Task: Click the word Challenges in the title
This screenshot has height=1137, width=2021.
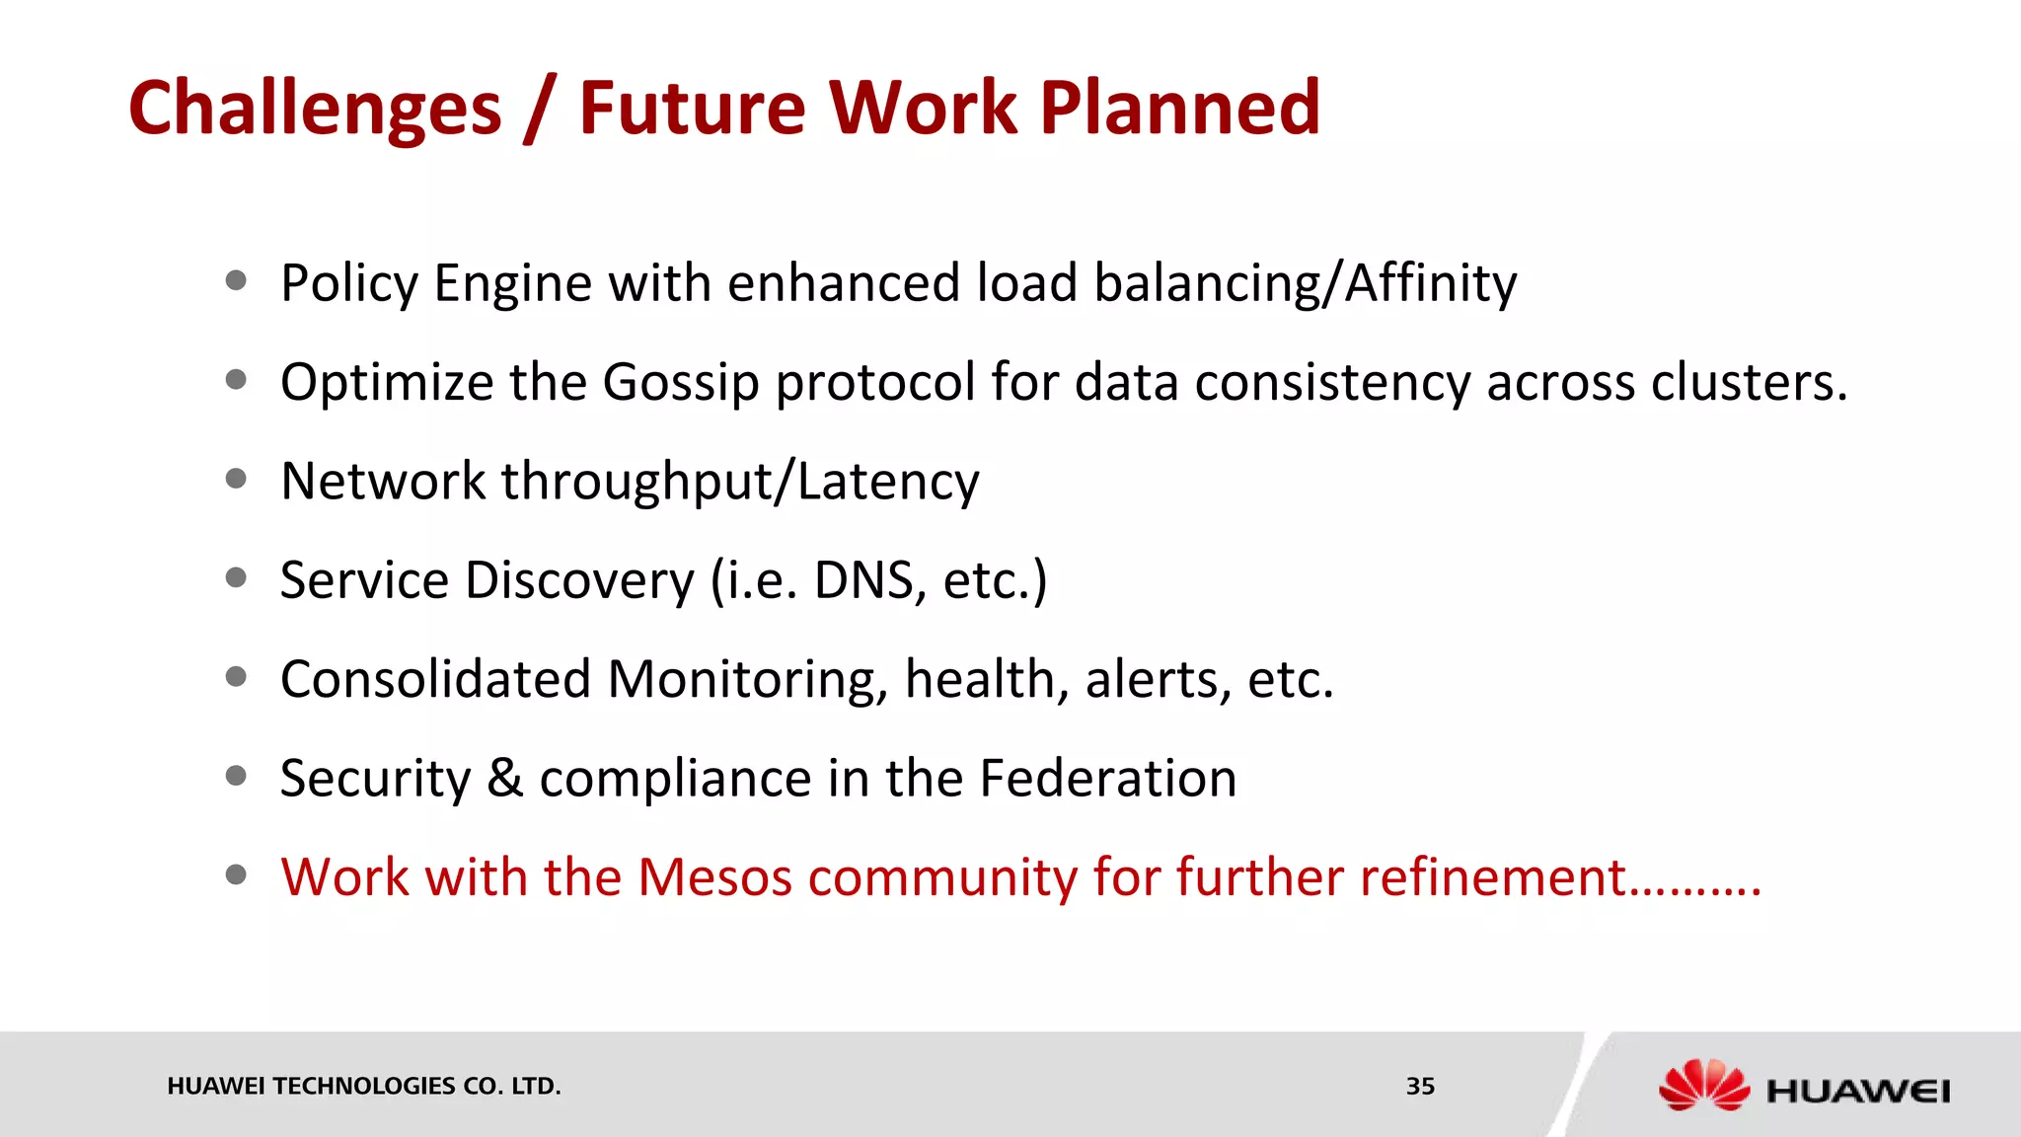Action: click(x=315, y=109)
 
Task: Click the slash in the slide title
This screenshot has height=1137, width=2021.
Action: click(x=540, y=109)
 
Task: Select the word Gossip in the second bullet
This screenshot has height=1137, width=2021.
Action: click(x=680, y=384)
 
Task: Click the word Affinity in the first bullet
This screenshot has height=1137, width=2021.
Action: click(x=1431, y=284)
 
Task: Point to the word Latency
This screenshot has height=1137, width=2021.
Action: click(x=887, y=483)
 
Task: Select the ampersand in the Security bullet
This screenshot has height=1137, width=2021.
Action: click(x=504, y=778)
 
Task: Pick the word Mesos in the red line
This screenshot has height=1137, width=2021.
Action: click(x=714, y=877)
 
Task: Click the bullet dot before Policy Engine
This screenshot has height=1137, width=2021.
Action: click(x=236, y=281)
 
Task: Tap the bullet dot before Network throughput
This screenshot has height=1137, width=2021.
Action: click(x=236, y=480)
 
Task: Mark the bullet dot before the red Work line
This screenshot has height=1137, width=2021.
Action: click(x=236, y=875)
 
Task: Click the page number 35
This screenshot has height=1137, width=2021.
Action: click(x=1420, y=1087)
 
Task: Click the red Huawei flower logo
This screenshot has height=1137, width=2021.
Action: click(x=1702, y=1086)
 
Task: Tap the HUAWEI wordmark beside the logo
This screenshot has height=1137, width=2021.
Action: click(x=1858, y=1092)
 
